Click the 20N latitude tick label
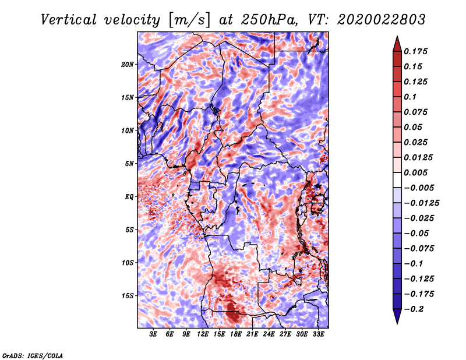(128, 64)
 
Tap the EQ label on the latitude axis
(129, 197)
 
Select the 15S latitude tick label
(128, 296)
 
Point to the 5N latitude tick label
(129, 164)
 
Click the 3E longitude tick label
(153, 334)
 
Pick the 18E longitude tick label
(236, 334)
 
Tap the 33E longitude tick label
(318, 334)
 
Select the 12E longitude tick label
(203, 334)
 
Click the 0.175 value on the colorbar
(415, 51)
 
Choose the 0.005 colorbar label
(415, 172)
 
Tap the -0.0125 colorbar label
(421, 203)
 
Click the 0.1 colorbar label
(410, 97)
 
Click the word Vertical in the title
(69, 20)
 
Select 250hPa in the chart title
(269, 20)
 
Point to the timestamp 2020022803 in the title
(382, 20)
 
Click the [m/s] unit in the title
(189, 20)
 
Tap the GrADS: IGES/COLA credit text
(33, 355)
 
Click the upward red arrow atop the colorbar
(397, 44)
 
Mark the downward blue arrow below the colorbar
(397, 316)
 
